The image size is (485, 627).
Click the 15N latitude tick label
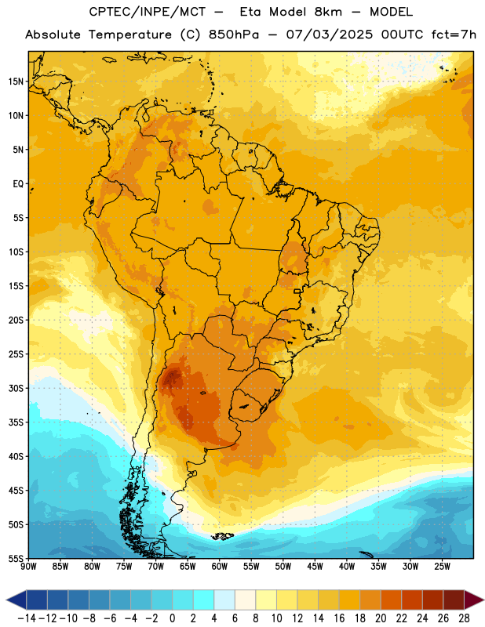(16, 82)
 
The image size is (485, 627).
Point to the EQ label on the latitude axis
(18, 184)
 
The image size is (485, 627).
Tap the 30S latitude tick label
(16, 388)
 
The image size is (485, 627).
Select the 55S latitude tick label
(16, 558)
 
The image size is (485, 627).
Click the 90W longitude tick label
(28, 567)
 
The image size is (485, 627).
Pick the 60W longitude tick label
(220, 567)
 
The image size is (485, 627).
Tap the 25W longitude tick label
(442, 567)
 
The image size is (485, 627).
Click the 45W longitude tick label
(315, 567)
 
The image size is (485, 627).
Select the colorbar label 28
(464, 618)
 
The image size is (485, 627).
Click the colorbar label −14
(27, 618)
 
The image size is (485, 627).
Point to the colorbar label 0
(172, 618)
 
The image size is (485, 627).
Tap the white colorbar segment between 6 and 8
(245, 600)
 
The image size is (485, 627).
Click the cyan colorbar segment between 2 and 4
(203, 600)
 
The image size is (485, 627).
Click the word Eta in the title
(250, 12)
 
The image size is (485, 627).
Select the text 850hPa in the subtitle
(234, 34)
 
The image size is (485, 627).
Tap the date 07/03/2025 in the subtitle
(329, 34)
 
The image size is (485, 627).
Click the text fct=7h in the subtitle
(454, 34)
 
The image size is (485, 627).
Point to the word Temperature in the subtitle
(130, 34)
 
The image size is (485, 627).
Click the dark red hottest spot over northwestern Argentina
(173, 376)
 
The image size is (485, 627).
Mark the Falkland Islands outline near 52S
(223, 536)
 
